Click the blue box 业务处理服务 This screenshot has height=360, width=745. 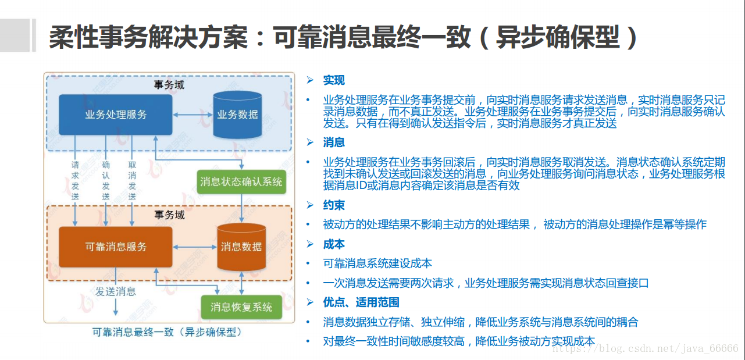(116, 115)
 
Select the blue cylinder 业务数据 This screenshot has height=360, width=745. (237, 115)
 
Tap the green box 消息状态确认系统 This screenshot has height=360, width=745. (241, 181)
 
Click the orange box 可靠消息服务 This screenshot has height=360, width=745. (116, 247)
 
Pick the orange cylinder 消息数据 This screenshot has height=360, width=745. (241, 247)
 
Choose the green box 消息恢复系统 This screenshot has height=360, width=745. (241, 306)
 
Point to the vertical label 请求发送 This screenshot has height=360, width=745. (75, 181)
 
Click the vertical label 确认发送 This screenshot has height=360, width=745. (106, 181)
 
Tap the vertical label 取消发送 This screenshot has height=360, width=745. (132, 181)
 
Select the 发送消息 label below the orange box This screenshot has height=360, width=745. (116, 291)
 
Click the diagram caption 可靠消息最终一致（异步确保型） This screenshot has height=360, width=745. (166, 333)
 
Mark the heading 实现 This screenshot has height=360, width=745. (334, 80)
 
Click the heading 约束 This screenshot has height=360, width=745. (334, 205)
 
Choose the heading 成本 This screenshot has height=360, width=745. (334, 244)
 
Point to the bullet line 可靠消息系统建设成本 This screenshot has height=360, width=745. (377, 263)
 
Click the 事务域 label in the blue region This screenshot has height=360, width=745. (169, 85)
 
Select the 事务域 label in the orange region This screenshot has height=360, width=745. (169, 215)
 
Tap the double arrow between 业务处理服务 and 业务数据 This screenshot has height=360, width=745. (193, 115)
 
